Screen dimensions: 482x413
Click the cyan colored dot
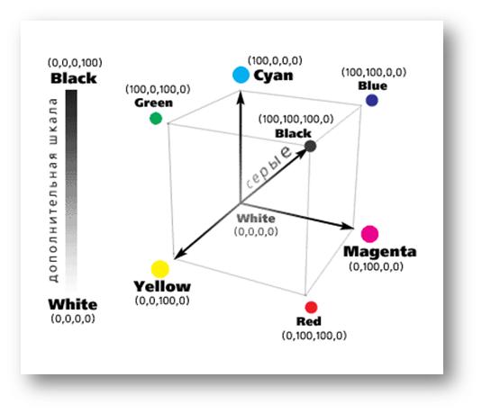241,75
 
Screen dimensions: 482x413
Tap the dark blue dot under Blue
372,101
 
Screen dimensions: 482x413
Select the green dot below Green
156,118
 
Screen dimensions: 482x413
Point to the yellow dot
160,269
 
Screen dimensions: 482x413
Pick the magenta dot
369,234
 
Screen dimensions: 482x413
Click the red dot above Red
311,307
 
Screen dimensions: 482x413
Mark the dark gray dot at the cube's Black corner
311,146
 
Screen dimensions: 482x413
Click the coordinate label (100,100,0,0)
374,73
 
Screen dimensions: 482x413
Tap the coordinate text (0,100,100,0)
314,336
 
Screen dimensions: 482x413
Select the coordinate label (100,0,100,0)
158,89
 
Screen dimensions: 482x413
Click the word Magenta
380,251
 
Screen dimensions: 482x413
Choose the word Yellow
162,286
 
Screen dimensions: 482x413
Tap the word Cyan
273,76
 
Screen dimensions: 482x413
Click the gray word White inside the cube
256,219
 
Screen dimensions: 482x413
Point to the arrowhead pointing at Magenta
348,227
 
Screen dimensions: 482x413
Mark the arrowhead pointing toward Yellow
179,254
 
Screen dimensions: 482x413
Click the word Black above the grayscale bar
74,78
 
